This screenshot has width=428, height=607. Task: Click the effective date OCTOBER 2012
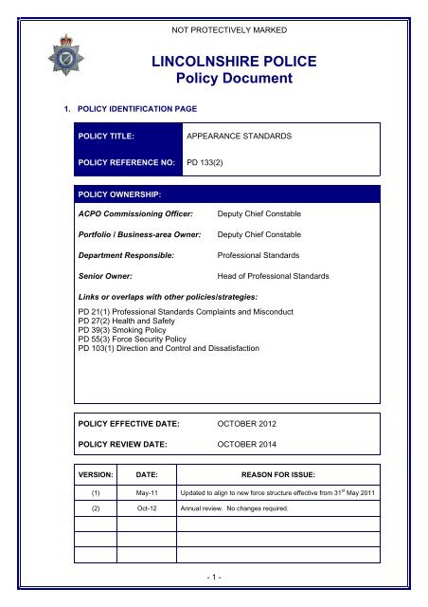[x=252, y=423]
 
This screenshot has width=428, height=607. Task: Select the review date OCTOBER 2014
[x=252, y=442]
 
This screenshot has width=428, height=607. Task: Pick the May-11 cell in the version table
[x=147, y=494]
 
